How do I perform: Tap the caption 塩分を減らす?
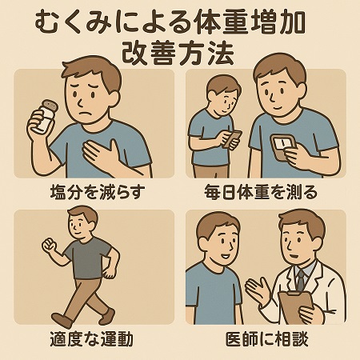click(x=98, y=192)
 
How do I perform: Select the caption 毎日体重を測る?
click(x=261, y=192)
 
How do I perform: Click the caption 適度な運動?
click(x=92, y=339)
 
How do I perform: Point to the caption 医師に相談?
click(x=267, y=339)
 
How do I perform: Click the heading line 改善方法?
click(x=178, y=54)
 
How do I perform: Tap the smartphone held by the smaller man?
click(x=232, y=138)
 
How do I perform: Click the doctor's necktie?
click(x=301, y=280)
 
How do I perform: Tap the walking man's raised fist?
click(x=50, y=245)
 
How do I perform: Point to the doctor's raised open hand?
click(x=258, y=291)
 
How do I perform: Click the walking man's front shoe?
click(x=107, y=317)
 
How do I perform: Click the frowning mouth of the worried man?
click(x=86, y=114)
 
